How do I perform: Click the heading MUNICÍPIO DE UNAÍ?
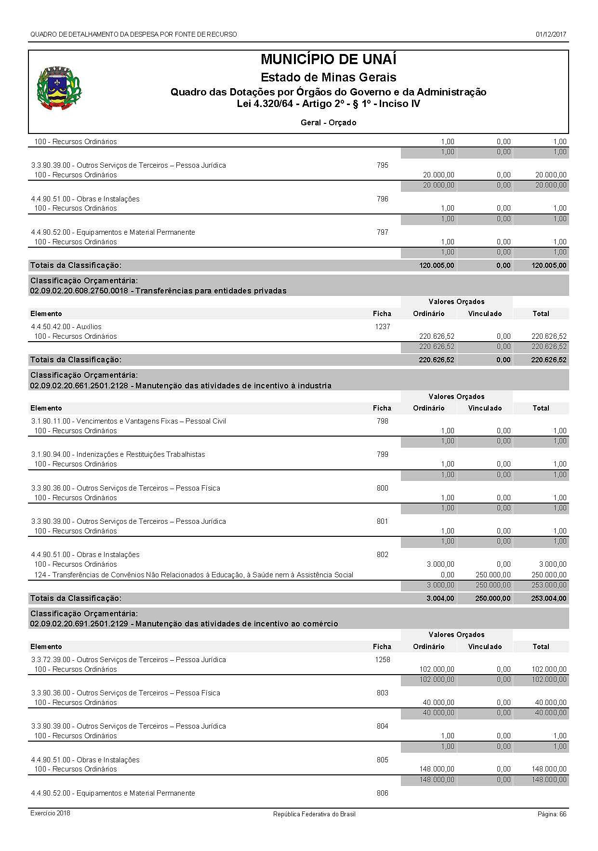tap(328, 59)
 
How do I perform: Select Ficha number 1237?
tap(382, 327)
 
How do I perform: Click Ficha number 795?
tap(382, 165)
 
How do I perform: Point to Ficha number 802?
tap(382, 555)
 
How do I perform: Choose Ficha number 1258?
tap(382, 660)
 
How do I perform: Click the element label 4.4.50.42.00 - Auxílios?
tap(66, 327)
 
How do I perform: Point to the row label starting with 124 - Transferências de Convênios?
tap(194, 575)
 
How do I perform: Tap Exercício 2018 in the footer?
tap(50, 813)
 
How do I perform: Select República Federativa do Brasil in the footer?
tap(314, 814)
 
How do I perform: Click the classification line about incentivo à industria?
tap(181, 386)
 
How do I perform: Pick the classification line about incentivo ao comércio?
tap(184, 624)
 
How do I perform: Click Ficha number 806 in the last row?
tap(382, 793)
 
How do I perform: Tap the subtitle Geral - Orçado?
tap(328, 123)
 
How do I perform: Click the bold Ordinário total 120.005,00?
tap(437, 266)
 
